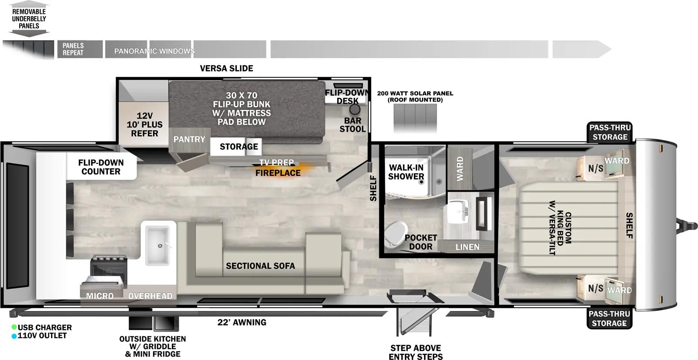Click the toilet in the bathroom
[395, 234]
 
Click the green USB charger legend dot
[14, 327]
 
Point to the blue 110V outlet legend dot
[14, 336]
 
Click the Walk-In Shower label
[406, 172]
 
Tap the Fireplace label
[278, 173]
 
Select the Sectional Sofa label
[260, 266]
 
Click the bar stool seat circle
[354, 110]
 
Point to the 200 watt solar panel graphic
[415, 117]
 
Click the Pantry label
[189, 139]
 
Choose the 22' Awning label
[242, 322]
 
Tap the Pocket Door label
[421, 242]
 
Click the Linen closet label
[467, 247]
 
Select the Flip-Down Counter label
[101, 167]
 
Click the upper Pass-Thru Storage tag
[610, 132]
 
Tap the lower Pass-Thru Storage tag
[609, 319]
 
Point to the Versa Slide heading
[226, 68]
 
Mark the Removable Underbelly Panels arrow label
[29, 19]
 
